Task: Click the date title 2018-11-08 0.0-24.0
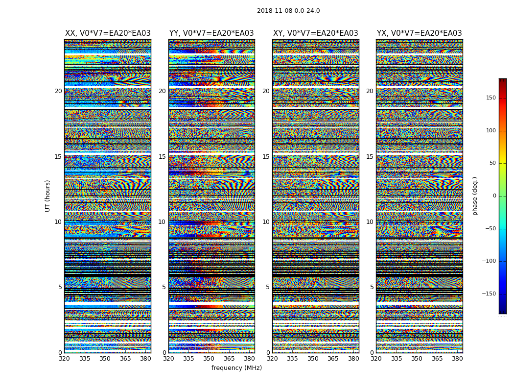288,11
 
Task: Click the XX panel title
108,33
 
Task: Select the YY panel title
211,33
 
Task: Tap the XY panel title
315,33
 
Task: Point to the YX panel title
419,33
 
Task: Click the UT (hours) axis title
48,196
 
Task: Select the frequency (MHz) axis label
236,368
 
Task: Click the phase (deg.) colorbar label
475,196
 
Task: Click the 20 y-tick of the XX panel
58,91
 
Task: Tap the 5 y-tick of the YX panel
372,287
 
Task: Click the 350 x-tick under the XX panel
105,359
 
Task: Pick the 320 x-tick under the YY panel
168,359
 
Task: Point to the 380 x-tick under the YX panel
457,359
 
